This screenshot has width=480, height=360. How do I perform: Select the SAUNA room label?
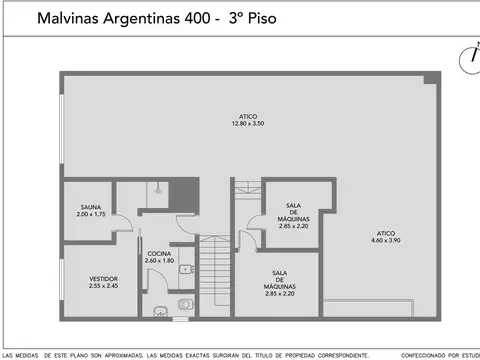pos(91,207)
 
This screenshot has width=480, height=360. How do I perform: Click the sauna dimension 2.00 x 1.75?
pos(91,215)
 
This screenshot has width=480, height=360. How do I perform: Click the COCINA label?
pos(158,254)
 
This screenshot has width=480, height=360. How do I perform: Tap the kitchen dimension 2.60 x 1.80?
pos(158,262)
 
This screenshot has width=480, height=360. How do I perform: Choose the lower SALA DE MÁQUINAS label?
pos(280,283)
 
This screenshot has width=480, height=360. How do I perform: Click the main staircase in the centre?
pos(212,274)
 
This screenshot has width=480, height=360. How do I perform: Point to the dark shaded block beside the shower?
pos(182,195)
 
